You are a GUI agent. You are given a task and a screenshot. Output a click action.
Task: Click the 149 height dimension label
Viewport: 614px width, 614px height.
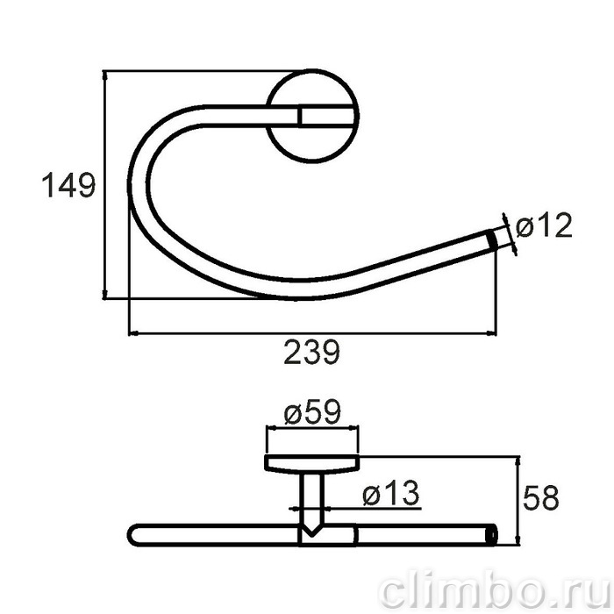click(68, 185)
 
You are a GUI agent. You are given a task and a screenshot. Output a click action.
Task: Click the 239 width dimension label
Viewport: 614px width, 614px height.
click(311, 352)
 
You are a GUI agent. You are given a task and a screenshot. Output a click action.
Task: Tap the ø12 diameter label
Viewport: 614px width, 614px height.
click(544, 226)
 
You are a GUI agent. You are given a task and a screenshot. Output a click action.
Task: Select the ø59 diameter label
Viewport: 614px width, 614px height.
click(312, 411)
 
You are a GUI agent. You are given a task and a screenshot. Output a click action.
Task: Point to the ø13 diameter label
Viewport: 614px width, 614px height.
click(391, 493)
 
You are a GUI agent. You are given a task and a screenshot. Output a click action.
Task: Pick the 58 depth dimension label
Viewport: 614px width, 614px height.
click(541, 497)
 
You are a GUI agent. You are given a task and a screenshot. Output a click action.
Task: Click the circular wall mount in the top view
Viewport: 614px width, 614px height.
click(312, 117)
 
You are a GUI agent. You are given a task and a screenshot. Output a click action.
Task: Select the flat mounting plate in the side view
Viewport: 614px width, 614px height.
click(312, 463)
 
